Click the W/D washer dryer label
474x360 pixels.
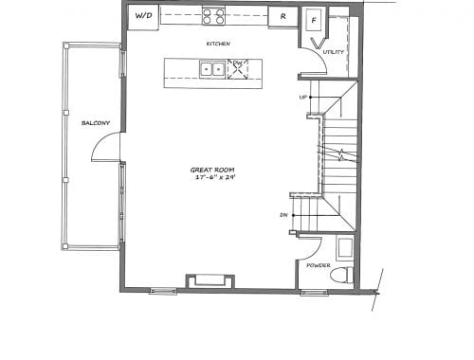[x=144, y=15]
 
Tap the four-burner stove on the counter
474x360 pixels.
[x=213, y=16]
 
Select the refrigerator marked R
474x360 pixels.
[x=283, y=17]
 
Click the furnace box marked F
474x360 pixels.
[x=314, y=20]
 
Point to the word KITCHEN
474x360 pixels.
[x=218, y=44]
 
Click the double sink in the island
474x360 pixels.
[x=212, y=69]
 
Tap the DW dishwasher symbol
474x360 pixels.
[x=238, y=69]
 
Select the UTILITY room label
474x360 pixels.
[x=334, y=52]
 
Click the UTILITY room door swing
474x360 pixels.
[x=320, y=56]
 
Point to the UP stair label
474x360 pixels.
[x=302, y=98]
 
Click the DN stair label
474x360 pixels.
[x=283, y=215]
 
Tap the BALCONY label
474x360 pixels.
[x=96, y=123]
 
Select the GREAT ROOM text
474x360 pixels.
[x=212, y=170]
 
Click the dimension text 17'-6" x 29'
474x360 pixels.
[x=216, y=177]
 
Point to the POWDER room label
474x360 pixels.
[x=319, y=265]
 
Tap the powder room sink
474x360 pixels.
[x=345, y=248]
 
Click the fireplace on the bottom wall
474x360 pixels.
[x=210, y=281]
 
